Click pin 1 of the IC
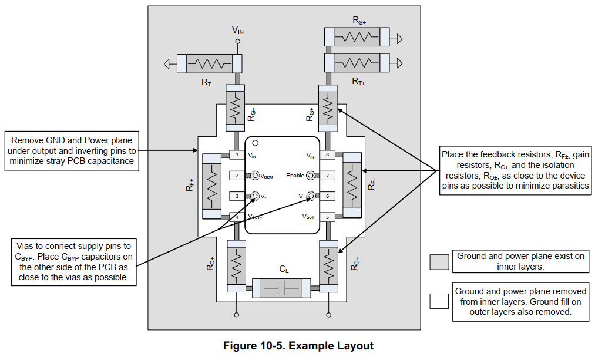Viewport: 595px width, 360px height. (237, 154)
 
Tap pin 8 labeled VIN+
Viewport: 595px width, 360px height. (328, 154)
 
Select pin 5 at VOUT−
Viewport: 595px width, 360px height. (328, 217)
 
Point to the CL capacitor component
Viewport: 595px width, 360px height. (281, 288)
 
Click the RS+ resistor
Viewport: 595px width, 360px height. (357, 37)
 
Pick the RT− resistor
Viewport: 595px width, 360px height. (210, 64)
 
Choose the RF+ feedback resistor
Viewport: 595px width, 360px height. (211, 186)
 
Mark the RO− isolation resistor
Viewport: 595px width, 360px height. (328, 266)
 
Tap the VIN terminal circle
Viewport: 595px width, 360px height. (238, 42)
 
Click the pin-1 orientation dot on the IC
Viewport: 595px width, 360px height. (256, 143)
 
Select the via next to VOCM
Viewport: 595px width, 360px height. (256, 175)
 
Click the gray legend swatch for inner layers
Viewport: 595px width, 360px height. (439, 262)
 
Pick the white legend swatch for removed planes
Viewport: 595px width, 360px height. (439, 301)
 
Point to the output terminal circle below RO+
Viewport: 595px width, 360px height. (236, 315)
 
